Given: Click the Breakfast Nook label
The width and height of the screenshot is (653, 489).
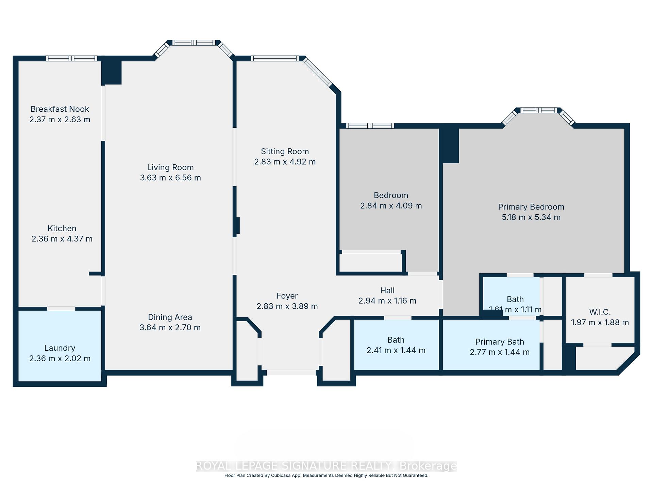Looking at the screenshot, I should (60, 109).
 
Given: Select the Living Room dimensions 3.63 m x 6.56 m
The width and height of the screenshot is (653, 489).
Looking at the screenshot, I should (170, 178).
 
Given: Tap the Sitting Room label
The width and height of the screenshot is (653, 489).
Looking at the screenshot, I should (285, 151).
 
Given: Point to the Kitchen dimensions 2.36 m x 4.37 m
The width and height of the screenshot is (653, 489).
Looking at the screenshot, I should (62, 239).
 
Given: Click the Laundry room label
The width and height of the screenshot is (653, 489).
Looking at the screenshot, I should (60, 348).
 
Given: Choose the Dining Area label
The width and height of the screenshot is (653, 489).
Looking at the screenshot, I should (170, 317).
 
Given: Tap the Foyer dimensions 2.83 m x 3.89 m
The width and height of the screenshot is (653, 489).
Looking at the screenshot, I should (287, 306).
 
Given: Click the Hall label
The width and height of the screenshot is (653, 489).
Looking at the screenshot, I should (387, 290).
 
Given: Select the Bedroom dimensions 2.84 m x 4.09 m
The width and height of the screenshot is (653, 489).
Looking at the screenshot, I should (391, 206).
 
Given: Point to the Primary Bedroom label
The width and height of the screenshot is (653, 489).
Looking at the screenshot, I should (531, 207).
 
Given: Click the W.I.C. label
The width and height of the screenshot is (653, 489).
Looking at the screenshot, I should (600, 312).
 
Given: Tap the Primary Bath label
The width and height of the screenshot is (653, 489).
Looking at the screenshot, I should (499, 342).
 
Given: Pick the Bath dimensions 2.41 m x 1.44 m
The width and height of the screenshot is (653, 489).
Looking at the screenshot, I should (396, 350).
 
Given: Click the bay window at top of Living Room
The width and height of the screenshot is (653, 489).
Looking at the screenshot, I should (194, 43).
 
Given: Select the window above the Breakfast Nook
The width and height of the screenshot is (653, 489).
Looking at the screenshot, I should (71, 58).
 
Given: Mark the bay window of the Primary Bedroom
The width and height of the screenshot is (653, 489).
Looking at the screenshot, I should (539, 110).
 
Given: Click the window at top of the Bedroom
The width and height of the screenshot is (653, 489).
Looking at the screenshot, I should (370, 126).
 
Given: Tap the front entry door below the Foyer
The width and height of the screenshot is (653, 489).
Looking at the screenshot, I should (291, 373).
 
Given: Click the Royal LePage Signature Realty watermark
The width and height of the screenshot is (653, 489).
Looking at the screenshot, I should (326, 466).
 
